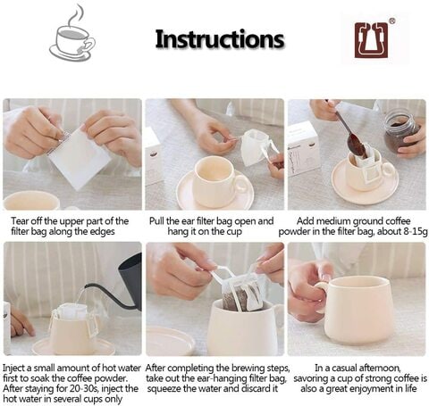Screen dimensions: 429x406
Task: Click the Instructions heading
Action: tap(220, 39)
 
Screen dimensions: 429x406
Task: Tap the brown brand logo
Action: tap(371, 40)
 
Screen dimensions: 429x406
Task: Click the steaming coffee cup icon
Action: tap(72, 35)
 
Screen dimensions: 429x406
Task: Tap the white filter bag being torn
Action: tap(79, 158)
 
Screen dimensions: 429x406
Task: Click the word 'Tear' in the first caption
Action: tap(20, 221)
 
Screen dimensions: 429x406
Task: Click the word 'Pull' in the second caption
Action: tap(156, 221)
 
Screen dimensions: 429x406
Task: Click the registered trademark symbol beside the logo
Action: tap(392, 21)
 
